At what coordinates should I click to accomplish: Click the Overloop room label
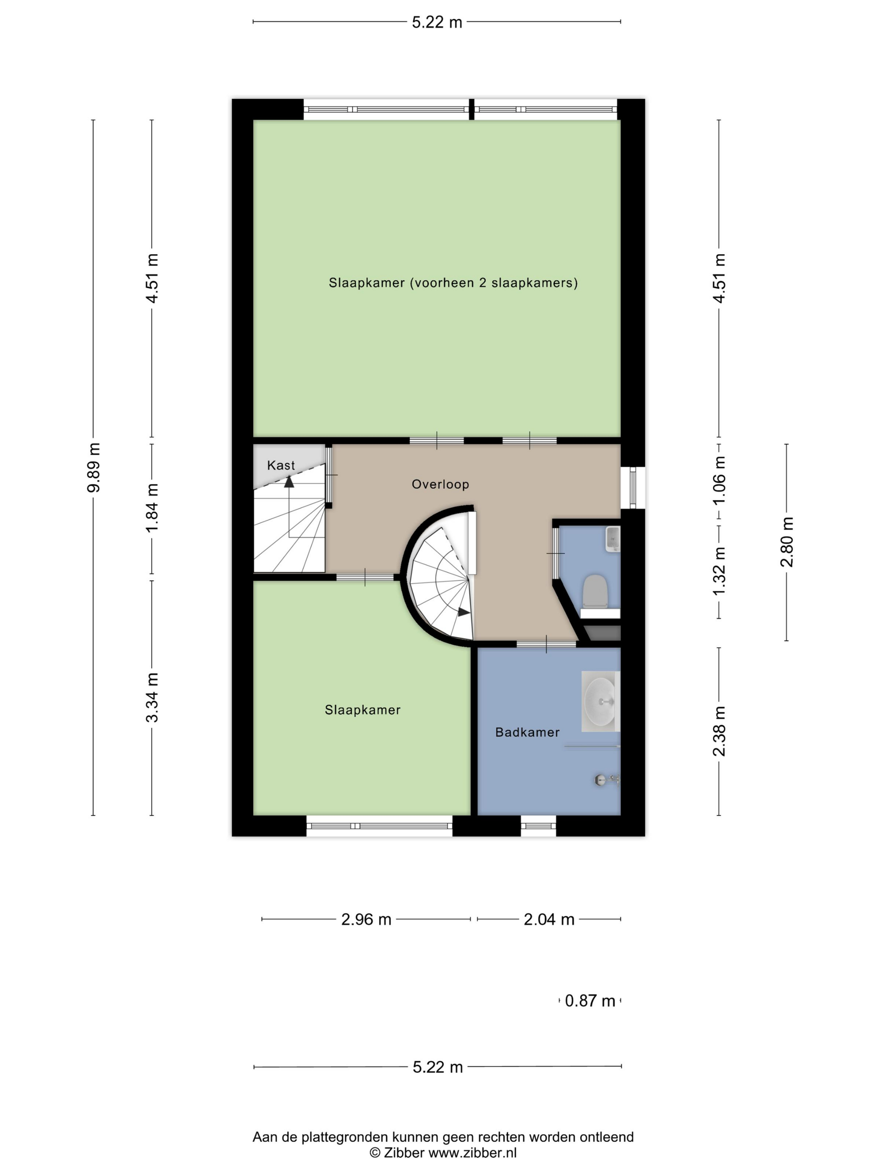click(x=440, y=484)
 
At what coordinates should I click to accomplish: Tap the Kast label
click(x=281, y=465)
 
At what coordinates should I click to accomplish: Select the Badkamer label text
click(x=527, y=732)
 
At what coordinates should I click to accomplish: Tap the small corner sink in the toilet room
click(x=613, y=539)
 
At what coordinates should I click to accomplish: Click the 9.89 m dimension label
click(x=93, y=467)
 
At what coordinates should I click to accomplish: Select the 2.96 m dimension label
click(x=366, y=919)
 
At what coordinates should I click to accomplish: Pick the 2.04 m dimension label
click(x=549, y=919)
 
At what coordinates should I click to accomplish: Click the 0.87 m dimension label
click(x=590, y=1001)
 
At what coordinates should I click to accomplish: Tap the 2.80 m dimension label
click(x=787, y=542)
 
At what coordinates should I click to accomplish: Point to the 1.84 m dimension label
click(x=152, y=508)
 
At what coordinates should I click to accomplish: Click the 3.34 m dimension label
click(x=152, y=698)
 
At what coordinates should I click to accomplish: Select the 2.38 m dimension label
click(x=719, y=731)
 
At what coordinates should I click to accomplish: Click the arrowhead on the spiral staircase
click(x=463, y=612)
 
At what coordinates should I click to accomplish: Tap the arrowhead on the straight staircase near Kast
click(x=289, y=481)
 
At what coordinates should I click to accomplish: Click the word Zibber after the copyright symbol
click(x=404, y=1153)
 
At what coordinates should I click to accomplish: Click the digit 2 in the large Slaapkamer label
click(x=483, y=283)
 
